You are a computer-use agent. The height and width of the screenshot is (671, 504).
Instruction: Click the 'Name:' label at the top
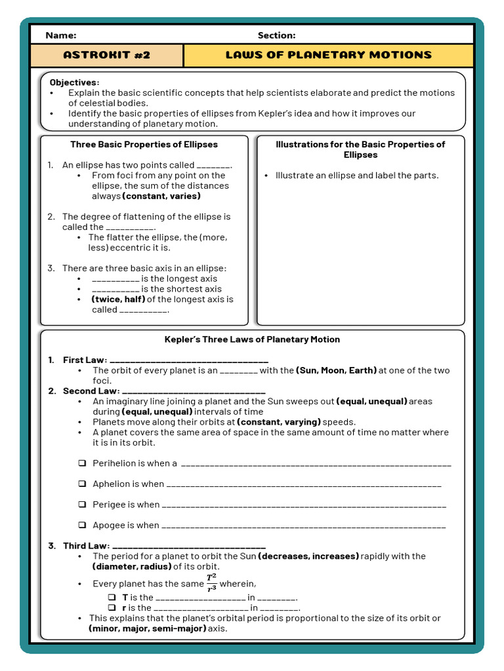click(x=60, y=35)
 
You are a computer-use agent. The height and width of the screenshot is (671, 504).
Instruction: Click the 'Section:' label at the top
click(x=276, y=35)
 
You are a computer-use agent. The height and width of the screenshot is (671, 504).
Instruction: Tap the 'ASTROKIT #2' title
click(x=107, y=55)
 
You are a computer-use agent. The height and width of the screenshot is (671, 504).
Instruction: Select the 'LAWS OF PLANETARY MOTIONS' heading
click(x=328, y=55)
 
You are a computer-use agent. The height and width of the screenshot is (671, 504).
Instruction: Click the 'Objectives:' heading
click(x=75, y=83)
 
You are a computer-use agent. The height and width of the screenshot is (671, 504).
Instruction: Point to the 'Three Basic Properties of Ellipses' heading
click(x=144, y=144)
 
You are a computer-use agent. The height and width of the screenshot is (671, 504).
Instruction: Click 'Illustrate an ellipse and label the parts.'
click(x=357, y=176)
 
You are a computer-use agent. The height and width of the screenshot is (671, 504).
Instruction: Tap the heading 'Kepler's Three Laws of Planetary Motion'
click(x=252, y=339)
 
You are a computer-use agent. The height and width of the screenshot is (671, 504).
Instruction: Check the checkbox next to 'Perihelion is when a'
click(x=82, y=463)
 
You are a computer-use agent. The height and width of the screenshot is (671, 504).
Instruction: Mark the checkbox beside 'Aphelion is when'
click(x=82, y=484)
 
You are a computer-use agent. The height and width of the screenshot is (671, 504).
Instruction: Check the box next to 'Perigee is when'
click(x=82, y=505)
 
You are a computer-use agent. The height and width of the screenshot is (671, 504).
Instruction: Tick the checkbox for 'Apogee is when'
click(x=82, y=525)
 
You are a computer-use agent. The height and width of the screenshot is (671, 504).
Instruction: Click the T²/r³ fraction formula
click(x=211, y=583)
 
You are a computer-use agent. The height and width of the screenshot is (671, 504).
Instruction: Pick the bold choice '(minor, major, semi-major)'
click(x=148, y=628)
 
